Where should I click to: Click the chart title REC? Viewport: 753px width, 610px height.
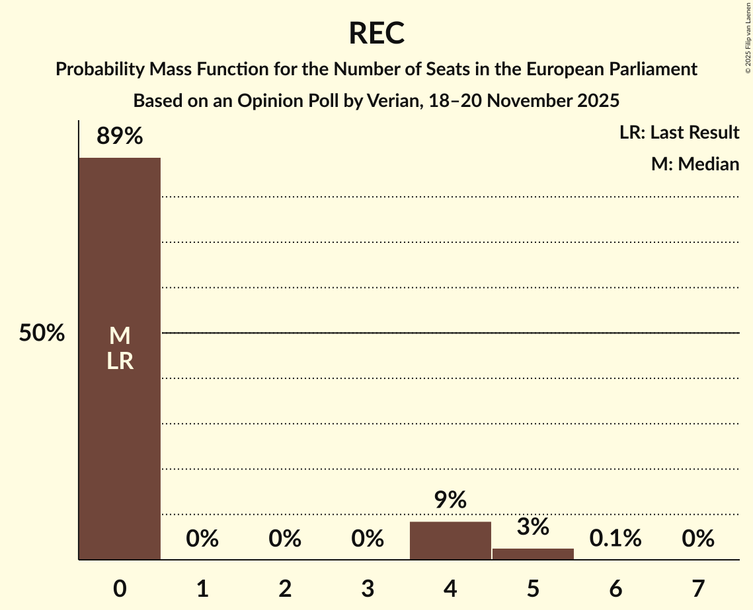(376, 34)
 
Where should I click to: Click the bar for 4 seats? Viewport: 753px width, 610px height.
(450, 541)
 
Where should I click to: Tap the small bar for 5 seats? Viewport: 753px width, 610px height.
(533, 554)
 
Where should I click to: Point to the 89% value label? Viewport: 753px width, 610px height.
(120, 137)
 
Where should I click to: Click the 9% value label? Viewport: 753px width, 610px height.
(450, 500)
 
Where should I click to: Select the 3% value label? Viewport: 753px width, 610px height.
(533, 527)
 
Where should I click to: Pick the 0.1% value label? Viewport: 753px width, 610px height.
(615, 539)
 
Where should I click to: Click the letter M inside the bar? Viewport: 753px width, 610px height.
(120, 337)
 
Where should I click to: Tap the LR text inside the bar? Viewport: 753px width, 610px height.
(120, 361)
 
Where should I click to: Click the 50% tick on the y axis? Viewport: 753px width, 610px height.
(42, 333)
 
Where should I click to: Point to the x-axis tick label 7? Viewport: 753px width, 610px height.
(698, 588)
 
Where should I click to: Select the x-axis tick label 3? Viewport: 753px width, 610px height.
(368, 588)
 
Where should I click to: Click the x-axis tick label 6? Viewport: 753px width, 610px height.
(615, 588)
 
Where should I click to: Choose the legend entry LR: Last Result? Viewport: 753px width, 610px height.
(679, 133)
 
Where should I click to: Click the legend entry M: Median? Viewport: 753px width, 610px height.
(695, 164)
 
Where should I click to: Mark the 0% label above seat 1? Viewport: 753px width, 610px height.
(202, 539)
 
